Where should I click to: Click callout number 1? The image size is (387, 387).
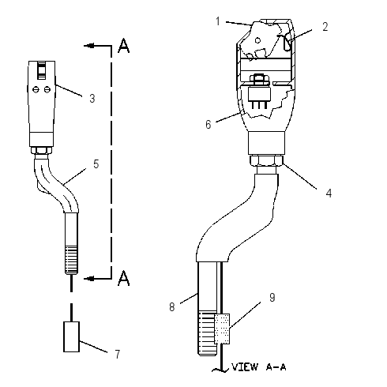[x=218, y=21]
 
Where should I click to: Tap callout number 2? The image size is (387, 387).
[x=325, y=27]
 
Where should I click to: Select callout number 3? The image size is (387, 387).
[x=92, y=98]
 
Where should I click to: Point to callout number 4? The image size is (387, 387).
[x=329, y=193]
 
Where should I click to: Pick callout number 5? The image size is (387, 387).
[x=96, y=163]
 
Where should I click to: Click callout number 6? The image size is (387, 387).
[x=209, y=124]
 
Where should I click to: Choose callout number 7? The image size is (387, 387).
[x=118, y=354]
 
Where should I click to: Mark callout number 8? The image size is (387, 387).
[x=172, y=307]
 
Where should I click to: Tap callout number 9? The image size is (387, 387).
[x=272, y=297]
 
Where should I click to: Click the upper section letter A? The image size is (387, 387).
[x=123, y=46]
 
